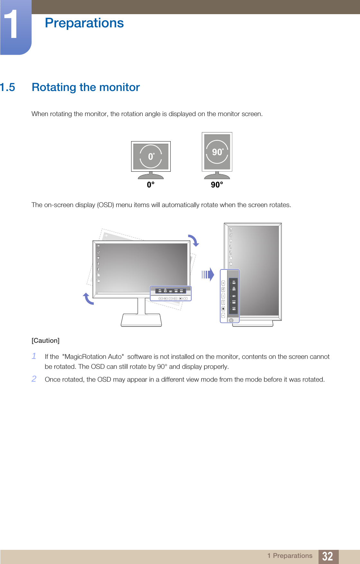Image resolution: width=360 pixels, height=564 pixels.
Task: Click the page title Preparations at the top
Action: point(84,23)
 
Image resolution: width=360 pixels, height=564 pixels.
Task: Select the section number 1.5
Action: point(8,87)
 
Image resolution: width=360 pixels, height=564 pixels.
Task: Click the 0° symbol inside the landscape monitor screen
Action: point(151,157)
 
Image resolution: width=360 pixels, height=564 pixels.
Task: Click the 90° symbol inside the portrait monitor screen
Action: point(217,152)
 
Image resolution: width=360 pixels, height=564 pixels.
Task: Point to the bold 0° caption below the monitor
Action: point(151,185)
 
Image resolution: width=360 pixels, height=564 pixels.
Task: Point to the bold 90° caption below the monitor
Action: point(217,185)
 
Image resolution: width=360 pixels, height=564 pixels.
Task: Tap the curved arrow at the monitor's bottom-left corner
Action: point(88,299)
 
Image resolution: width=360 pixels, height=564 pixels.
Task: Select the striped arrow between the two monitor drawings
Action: point(208,275)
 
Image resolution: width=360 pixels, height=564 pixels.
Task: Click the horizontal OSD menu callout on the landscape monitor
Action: point(171,294)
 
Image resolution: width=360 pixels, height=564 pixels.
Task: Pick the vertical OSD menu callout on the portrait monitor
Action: point(230,296)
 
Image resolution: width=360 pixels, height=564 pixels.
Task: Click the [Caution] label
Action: point(46,341)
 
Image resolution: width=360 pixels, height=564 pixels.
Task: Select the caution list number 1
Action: point(34,356)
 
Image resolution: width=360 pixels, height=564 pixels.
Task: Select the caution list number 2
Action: point(34,379)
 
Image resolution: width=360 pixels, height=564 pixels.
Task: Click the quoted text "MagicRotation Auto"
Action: point(93,357)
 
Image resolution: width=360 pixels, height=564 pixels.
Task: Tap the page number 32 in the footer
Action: point(328,556)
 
